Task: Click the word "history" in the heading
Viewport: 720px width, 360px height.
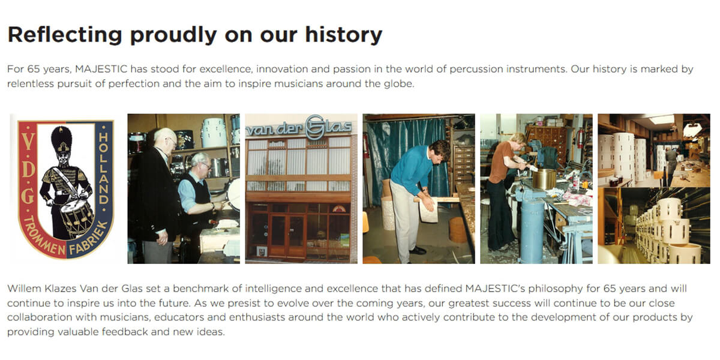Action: click(344, 35)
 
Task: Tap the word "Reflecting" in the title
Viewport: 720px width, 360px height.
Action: click(65, 35)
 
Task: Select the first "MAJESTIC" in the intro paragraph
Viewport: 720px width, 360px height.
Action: click(101, 69)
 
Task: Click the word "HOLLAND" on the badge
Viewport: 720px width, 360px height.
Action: click(103, 169)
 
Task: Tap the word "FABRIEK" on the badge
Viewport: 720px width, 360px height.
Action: click(88, 239)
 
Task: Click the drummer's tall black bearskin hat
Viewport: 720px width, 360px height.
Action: click(61, 139)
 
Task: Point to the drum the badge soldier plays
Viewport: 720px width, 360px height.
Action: click(76, 217)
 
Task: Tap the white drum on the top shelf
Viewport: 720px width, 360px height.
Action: click(213, 132)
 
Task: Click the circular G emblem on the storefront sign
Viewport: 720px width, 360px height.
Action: click(314, 127)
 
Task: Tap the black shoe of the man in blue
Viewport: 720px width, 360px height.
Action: click(418, 250)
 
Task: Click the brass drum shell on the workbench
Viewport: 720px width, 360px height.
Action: click(544, 179)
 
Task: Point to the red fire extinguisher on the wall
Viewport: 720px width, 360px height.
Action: click(580, 138)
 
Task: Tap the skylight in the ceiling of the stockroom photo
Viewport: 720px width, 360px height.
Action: click(661, 119)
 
